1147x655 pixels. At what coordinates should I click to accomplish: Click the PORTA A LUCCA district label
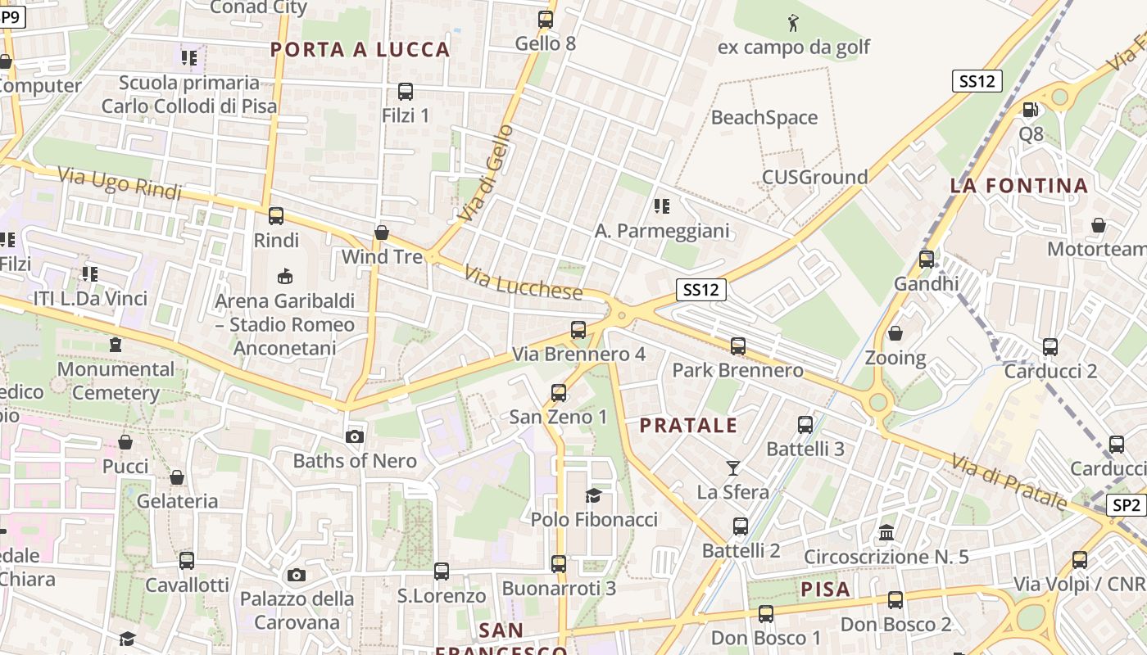(360, 50)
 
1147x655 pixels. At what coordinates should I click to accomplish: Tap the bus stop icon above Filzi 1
(405, 92)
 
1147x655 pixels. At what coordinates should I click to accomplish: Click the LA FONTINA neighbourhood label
(1019, 186)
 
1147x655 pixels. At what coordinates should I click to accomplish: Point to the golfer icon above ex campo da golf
(792, 23)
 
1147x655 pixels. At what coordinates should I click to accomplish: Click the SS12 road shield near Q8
(977, 81)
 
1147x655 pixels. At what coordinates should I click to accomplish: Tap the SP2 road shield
(1127, 506)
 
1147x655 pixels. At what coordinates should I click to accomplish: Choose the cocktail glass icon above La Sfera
(732, 468)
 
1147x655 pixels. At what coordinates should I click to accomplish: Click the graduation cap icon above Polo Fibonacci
(593, 495)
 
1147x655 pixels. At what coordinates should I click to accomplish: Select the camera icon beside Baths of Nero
(355, 436)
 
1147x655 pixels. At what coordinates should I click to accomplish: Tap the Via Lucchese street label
(524, 282)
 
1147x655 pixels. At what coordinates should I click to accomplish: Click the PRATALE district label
(688, 426)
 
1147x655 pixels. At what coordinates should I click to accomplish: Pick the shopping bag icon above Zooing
(895, 333)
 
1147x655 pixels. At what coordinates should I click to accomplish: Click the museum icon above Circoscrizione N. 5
(886, 533)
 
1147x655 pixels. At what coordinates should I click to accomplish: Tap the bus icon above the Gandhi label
(926, 260)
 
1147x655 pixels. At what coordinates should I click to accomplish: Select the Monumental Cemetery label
(116, 381)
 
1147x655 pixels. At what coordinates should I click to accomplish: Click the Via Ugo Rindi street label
(120, 183)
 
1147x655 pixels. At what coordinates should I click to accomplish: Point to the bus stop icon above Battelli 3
(805, 425)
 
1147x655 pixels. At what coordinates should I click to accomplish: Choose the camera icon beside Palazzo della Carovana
(297, 575)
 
